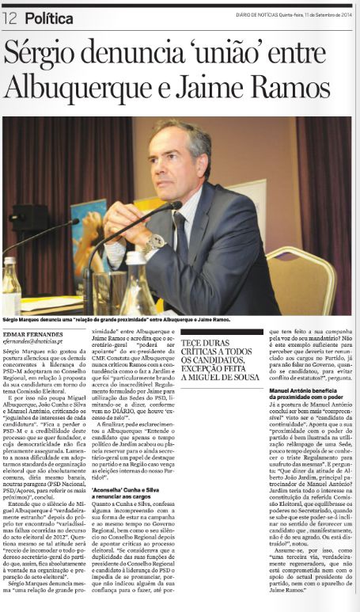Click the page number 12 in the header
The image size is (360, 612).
10,16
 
